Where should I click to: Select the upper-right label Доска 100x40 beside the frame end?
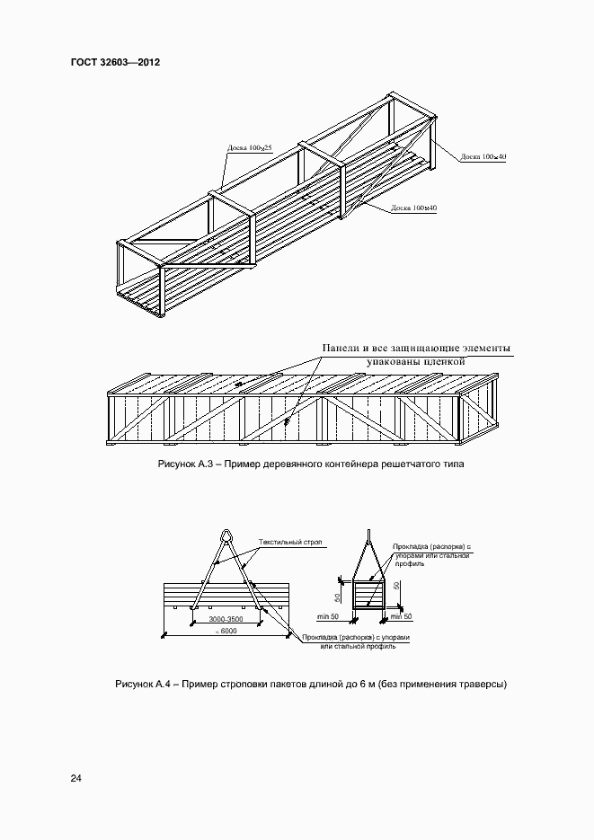click(483, 156)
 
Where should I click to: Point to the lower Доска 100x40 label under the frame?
click(413, 208)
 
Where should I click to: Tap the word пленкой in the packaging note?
click(438, 360)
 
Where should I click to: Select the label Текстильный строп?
click(290, 543)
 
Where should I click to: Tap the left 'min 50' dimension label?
click(329, 617)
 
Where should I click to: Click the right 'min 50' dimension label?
click(401, 617)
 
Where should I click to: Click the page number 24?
click(75, 778)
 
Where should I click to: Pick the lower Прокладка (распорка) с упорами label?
click(356, 638)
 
